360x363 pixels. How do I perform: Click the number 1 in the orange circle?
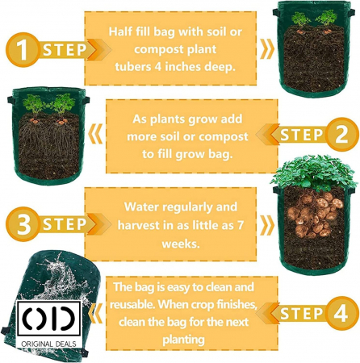click(23, 50)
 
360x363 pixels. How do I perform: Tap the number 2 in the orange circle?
click(341, 134)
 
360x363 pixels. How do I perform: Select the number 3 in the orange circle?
click(23, 223)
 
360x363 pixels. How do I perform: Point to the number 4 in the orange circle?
click(341, 313)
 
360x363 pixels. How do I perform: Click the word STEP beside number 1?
click(65, 50)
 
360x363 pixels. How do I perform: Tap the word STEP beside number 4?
click(301, 314)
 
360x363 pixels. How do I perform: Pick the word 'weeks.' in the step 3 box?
click(181, 244)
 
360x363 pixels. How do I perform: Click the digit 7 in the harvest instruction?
click(241, 225)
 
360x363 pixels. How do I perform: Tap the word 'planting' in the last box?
click(183, 340)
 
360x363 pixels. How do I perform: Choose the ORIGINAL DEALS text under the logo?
click(48, 344)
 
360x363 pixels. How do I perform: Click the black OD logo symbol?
click(48, 319)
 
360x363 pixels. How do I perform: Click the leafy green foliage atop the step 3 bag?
click(314, 172)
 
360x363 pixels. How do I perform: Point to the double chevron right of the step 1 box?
click(267, 49)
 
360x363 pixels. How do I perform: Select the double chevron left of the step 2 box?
click(95, 134)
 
